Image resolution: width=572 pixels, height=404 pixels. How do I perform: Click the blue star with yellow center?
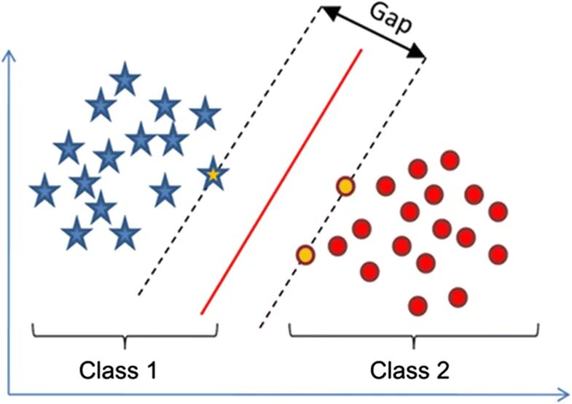(212, 174)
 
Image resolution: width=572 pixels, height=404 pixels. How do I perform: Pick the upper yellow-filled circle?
(345, 187)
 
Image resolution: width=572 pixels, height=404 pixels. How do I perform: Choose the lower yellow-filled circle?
(305, 255)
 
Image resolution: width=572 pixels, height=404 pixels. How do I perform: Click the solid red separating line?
(281, 182)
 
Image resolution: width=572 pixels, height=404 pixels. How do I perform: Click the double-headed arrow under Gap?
(374, 34)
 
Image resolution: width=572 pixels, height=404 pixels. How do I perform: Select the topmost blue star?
(125, 79)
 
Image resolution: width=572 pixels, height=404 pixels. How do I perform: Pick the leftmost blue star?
(45, 192)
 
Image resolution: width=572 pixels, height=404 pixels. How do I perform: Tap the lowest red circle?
(418, 304)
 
